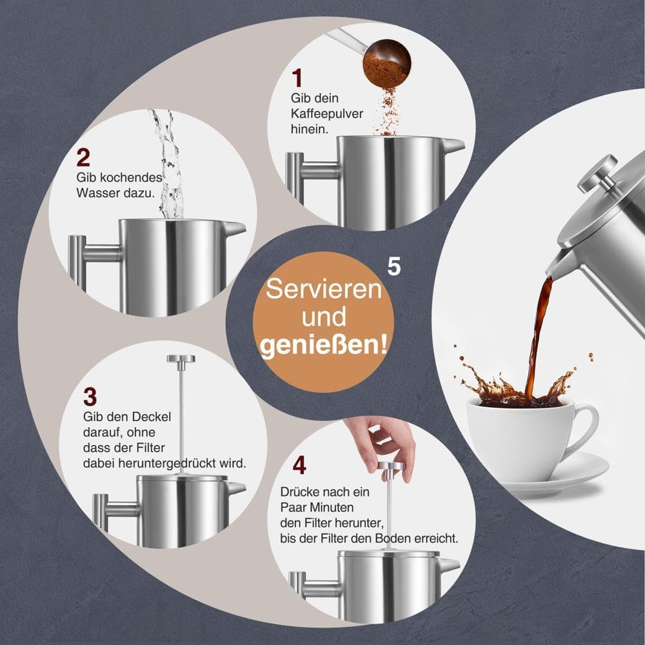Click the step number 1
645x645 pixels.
297,79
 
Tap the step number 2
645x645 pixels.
83,157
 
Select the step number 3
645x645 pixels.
90,395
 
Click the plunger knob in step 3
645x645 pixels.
181,359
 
